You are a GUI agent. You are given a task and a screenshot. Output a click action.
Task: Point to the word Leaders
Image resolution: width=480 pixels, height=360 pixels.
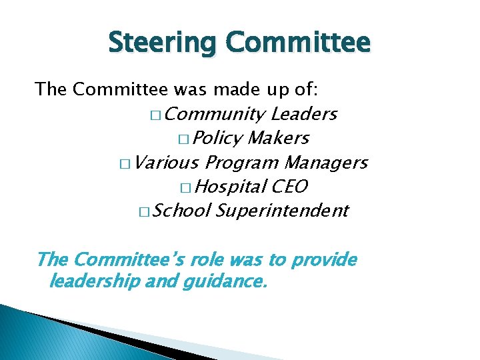coord(304,114)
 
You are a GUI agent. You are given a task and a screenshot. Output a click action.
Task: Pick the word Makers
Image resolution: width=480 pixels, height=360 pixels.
coord(278,138)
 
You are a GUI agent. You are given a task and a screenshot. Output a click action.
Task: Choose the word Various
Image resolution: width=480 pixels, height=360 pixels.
coord(167,162)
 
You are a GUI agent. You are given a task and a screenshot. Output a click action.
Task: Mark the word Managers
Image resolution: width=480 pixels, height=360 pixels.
coord(326,162)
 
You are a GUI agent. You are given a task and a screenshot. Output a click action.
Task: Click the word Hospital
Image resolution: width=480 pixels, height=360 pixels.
coord(231,186)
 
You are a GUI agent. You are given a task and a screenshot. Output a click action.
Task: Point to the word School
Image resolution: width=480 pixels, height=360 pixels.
coord(181,211)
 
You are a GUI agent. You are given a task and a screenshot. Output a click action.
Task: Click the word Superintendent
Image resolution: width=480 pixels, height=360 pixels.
coord(282,211)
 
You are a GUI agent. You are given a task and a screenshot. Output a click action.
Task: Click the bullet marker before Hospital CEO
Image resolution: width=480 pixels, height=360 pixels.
coord(185,187)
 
